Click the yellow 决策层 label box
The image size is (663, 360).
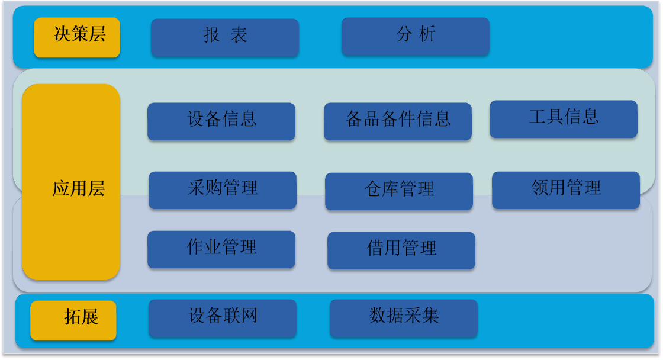pyautogui.click(x=77, y=37)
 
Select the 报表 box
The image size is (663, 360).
pyautogui.click(x=225, y=37)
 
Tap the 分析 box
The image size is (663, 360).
pyautogui.click(x=416, y=36)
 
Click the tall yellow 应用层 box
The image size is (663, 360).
pyautogui.click(x=71, y=182)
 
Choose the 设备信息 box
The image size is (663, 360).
pyautogui.click(x=221, y=121)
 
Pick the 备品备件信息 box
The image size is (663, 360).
pyautogui.click(x=398, y=121)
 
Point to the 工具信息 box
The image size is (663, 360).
pyautogui.click(x=564, y=119)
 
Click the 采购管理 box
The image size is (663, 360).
pyautogui.click(x=223, y=190)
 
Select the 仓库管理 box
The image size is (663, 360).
pyautogui.click(x=399, y=191)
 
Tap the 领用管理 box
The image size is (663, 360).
pyautogui.click(x=566, y=190)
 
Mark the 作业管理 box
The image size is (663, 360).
pyautogui.click(x=221, y=249)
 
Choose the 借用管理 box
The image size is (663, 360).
pyautogui.click(x=402, y=250)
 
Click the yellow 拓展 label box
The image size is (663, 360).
pyautogui.click(x=73, y=320)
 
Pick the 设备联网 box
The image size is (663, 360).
pyautogui.click(x=223, y=318)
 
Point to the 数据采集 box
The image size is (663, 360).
pyautogui.click(x=404, y=318)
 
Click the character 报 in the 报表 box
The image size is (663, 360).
pyautogui.click(x=211, y=35)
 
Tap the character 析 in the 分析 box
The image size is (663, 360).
pyautogui.click(x=427, y=34)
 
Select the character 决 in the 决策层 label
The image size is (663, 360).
pyautogui.click(x=62, y=34)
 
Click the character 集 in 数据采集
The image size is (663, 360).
pyautogui.click(x=430, y=315)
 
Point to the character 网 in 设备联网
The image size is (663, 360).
pyautogui.click(x=249, y=316)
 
